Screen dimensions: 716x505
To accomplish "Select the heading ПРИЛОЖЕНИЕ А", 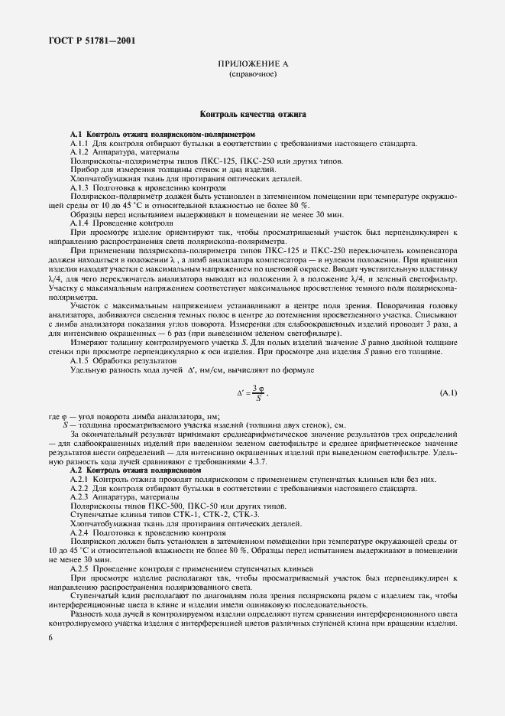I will coord(253,66).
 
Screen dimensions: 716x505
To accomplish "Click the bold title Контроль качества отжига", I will coord(253,114).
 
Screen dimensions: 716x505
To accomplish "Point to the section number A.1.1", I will coord(80,144).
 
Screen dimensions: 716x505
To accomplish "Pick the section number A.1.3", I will coord(80,187).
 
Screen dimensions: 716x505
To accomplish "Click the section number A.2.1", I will coord(80,478).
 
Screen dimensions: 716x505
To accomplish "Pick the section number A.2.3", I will coord(80,497).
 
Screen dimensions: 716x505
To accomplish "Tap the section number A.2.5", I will coord(80,569).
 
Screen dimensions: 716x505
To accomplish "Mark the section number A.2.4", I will coord(80,532).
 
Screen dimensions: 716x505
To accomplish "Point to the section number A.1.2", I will coord(80,152).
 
